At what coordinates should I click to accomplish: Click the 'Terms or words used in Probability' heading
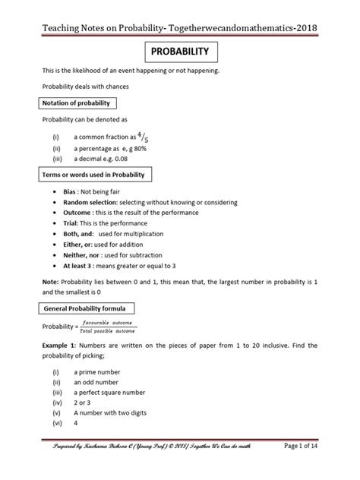97,175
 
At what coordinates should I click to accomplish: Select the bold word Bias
75,194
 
